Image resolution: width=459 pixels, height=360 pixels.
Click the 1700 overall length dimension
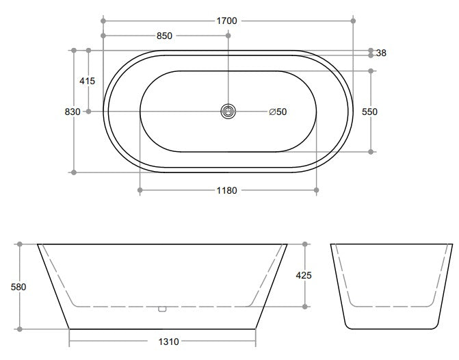(226, 21)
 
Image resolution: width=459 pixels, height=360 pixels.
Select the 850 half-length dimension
(164, 36)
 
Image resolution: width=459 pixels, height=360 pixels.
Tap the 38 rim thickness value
(381, 53)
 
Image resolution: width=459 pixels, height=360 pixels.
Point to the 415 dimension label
(87, 81)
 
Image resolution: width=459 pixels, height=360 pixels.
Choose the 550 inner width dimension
(369, 112)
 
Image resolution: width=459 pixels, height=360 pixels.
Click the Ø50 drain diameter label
(278, 112)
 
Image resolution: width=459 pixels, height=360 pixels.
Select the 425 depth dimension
(304, 275)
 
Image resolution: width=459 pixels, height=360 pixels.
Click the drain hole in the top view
(228, 111)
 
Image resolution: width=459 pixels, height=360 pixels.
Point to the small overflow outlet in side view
(162, 309)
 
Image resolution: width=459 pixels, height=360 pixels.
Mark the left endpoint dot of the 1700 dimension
(103, 21)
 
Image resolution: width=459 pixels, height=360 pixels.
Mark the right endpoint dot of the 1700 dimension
(354, 21)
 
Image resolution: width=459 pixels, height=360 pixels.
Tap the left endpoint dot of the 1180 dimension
(140, 191)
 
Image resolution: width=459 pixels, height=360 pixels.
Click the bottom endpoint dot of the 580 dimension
(19, 329)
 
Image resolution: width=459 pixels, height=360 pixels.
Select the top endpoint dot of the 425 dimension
(305, 244)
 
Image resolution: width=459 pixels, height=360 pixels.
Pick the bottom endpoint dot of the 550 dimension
(371, 151)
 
